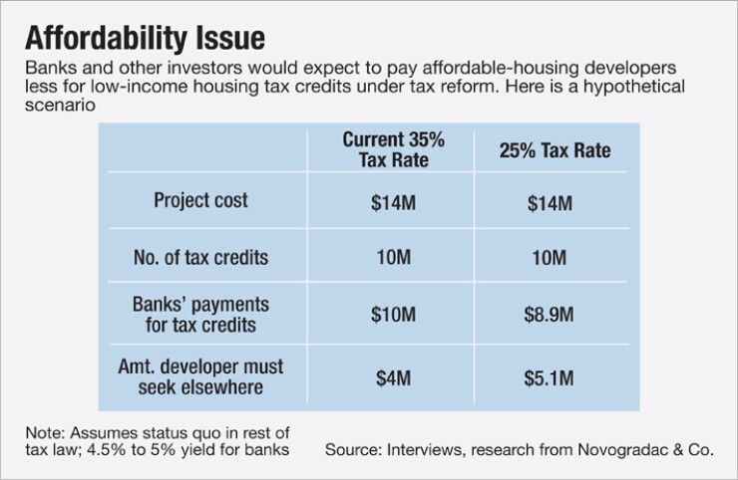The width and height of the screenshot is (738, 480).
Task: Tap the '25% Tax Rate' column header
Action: click(553, 151)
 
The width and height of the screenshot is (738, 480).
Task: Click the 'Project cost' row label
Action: click(200, 200)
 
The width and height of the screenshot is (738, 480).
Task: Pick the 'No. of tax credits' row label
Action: click(200, 257)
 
